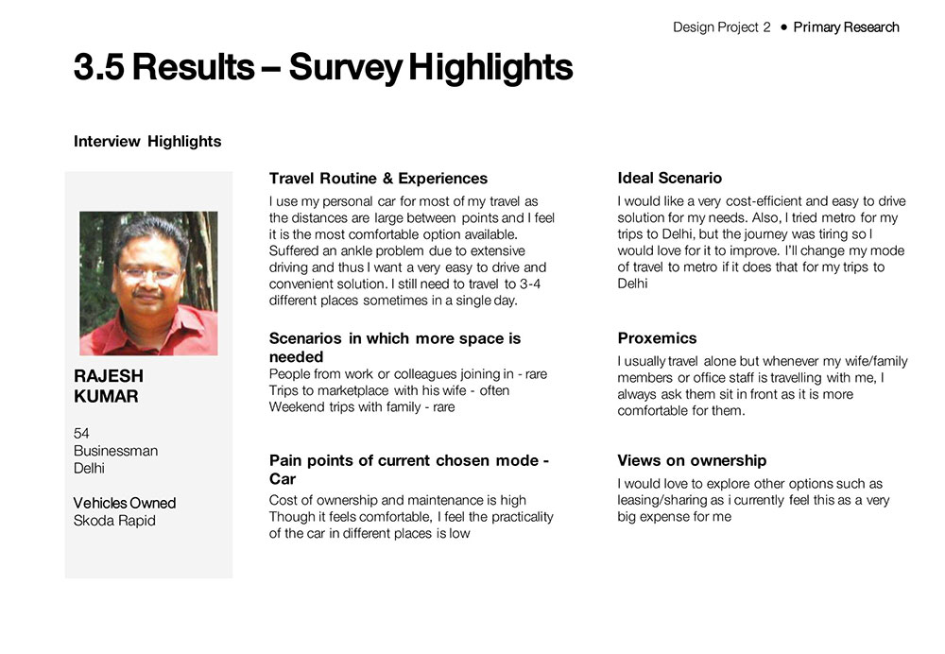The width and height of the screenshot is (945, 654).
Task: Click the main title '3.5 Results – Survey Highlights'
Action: tap(322, 68)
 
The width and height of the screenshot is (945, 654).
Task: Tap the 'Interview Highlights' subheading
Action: tap(147, 142)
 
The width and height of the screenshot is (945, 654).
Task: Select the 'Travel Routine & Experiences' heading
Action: tap(378, 179)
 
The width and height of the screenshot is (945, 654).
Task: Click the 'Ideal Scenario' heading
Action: tap(669, 178)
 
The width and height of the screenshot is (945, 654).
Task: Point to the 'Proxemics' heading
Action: tap(657, 338)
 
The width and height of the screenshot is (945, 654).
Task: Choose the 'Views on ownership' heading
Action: tap(692, 461)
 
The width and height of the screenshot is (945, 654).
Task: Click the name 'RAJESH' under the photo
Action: tap(109, 376)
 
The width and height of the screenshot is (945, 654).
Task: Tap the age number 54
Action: tap(81, 433)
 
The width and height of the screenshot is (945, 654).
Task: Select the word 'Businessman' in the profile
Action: tap(115, 451)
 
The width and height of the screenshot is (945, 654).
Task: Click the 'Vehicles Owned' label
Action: tap(125, 503)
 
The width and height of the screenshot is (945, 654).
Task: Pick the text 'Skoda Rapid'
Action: tap(114, 521)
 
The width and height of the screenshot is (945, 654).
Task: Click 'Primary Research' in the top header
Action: tap(846, 27)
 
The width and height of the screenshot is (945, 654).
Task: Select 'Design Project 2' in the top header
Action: tap(722, 27)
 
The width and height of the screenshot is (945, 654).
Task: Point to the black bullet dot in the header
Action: tap(783, 27)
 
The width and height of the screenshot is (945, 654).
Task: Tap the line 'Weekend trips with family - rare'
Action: tap(362, 407)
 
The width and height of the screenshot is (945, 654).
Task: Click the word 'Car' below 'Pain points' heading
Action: tap(283, 479)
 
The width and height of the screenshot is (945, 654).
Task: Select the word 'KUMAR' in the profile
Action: tap(106, 397)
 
